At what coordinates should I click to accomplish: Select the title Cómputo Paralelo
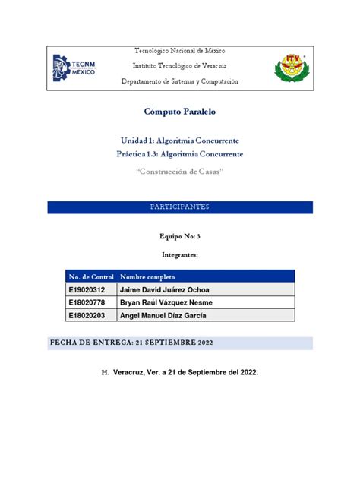click(x=180, y=112)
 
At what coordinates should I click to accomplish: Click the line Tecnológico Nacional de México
click(x=180, y=50)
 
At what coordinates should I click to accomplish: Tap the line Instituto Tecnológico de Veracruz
click(x=180, y=65)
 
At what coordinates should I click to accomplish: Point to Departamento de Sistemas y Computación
click(x=180, y=81)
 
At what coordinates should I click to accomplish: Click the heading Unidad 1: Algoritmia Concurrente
click(x=180, y=141)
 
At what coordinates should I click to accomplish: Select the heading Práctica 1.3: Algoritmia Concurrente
click(x=180, y=154)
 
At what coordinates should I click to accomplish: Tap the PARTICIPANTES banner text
click(x=180, y=207)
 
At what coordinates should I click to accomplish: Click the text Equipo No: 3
click(x=180, y=238)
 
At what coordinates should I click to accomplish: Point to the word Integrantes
click(x=180, y=255)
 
